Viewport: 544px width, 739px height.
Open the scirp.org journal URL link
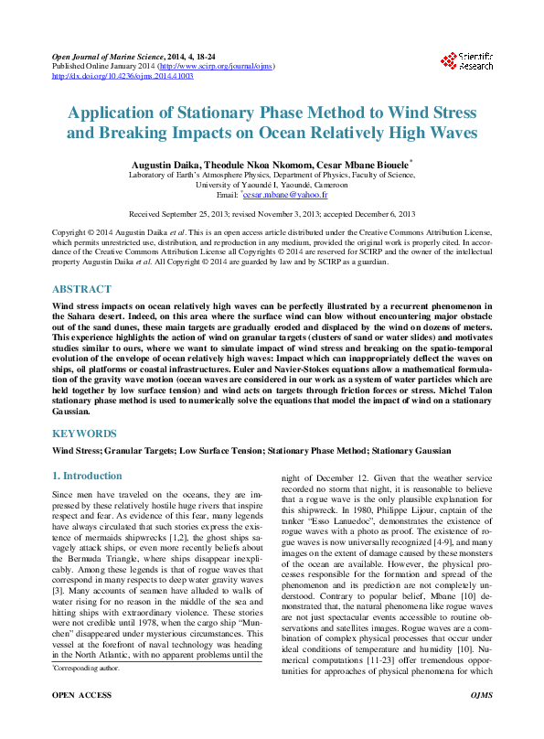[x=216, y=67]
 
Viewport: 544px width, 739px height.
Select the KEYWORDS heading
[x=83, y=434]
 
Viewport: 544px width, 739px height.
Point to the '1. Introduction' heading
[x=87, y=476]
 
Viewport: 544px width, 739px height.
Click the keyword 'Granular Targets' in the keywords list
[x=140, y=451]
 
